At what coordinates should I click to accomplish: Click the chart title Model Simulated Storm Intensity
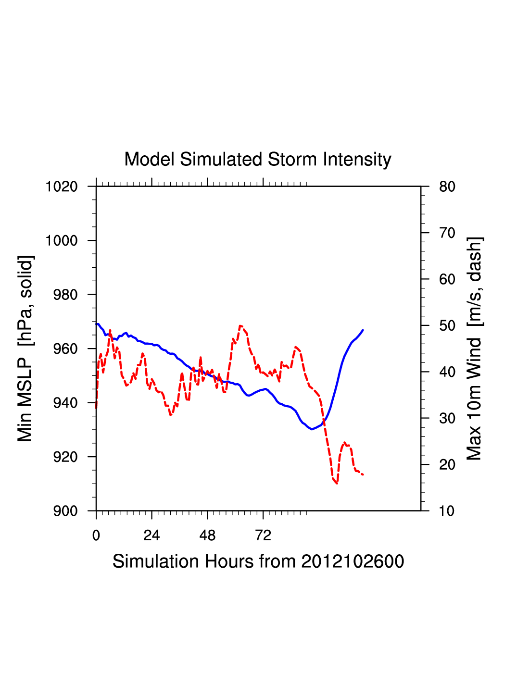258,160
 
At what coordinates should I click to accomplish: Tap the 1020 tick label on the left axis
62,187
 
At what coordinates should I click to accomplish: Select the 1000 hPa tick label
62,240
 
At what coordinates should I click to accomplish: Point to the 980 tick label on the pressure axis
65,295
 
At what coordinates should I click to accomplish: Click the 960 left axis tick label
65,348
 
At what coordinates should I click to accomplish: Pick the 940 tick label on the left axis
65,403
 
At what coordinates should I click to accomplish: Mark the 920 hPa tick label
65,457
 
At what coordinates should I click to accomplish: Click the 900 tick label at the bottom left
65,511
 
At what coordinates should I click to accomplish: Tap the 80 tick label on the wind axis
447,187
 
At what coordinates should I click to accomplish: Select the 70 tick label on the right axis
447,233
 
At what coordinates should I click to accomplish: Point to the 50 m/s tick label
447,326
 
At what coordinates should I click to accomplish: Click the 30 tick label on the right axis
447,419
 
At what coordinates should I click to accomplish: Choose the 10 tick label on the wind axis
447,511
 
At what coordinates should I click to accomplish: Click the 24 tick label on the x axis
151,535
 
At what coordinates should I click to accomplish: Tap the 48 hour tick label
207,535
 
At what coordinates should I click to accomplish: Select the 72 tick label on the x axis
263,535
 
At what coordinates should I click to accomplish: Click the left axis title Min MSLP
25,348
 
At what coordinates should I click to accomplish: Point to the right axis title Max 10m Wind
475,348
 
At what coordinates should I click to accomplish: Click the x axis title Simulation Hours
258,561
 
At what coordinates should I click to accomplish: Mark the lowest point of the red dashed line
337,483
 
